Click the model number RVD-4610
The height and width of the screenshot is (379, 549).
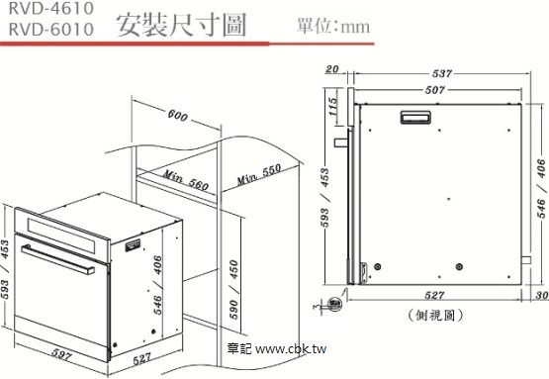pyautogui.click(x=51, y=8)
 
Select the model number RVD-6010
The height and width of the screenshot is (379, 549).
pyautogui.click(x=51, y=29)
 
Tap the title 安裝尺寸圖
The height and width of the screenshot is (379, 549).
pyautogui.click(x=181, y=25)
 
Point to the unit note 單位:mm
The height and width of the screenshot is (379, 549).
pyautogui.click(x=333, y=27)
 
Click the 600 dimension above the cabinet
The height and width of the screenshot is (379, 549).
pyautogui.click(x=177, y=115)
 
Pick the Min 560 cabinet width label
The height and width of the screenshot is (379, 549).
pyautogui.click(x=186, y=179)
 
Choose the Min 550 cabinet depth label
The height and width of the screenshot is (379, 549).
pyautogui.click(x=259, y=174)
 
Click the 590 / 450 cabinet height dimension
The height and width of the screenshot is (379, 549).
pyautogui.click(x=233, y=289)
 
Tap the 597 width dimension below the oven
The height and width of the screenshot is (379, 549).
pyautogui.click(x=62, y=354)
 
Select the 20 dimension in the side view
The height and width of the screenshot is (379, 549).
pyautogui.click(x=332, y=69)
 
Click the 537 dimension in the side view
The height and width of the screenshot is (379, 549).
pyautogui.click(x=442, y=73)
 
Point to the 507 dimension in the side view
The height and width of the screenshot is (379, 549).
pyautogui.click(x=435, y=90)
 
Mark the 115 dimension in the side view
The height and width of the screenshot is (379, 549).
pyautogui.click(x=333, y=107)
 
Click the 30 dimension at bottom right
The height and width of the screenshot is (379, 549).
pyautogui.click(x=542, y=295)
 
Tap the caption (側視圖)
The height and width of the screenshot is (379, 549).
pyautogui.click(x=435, y=316)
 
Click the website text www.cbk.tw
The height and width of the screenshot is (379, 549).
pyautogui.click(x=291, y=349)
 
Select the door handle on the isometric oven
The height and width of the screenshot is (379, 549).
pyautogui.click(x=57, y=259)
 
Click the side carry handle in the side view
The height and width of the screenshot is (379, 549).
pyautogui.click(x=415, y=118)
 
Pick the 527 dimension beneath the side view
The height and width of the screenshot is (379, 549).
pyautogui.click(x=434, y=296)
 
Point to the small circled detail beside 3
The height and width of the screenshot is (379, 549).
pyautogui.click(x=334, y=304)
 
